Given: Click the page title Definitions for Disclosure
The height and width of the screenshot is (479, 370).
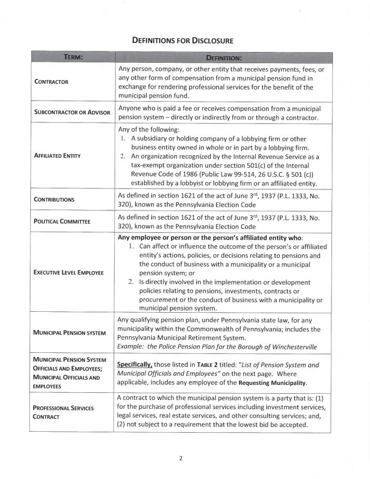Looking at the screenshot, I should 185,41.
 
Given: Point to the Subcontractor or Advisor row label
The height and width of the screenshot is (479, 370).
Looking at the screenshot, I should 72,112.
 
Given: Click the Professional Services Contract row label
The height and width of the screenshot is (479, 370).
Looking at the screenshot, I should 63,412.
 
